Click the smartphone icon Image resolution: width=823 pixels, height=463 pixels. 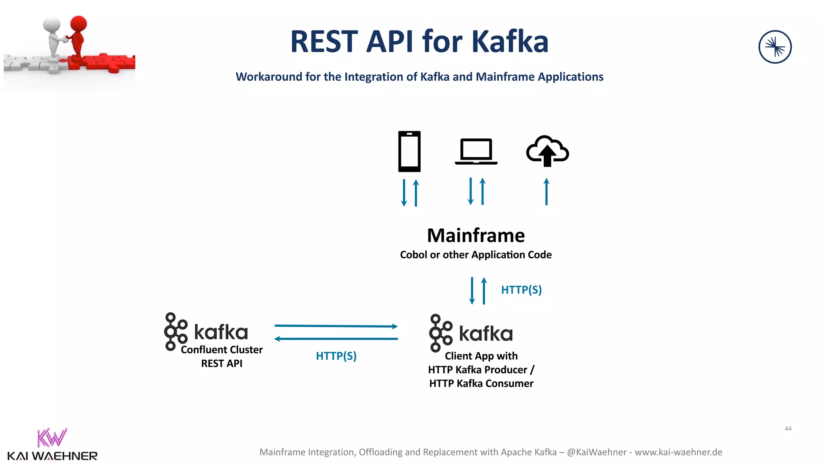coord(409,152)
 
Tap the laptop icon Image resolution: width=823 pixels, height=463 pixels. coord(476,152)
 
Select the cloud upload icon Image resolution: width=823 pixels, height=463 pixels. coord(547,151)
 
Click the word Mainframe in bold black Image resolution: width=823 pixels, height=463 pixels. coord(476,236)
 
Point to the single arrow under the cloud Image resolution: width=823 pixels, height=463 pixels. coord(546,192)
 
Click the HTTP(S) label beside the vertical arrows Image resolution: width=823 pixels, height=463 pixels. coord(521,290)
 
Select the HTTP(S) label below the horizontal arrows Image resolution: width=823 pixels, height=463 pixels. coord(336,356)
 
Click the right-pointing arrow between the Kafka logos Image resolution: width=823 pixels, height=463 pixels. coord(336,326)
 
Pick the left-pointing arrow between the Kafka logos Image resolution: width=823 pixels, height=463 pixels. coord(336,339)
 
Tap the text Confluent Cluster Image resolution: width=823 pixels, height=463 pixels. coord(221,350)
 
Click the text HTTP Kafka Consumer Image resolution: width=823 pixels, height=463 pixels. coord(481,383)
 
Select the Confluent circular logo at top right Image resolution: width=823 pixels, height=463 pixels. coord(775,47)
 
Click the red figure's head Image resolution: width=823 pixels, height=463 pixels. coord(78,23)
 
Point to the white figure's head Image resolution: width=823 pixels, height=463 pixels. coord(52,25)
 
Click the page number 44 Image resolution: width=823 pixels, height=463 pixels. coord(788,429)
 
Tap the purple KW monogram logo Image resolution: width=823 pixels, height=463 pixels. coord(52,438)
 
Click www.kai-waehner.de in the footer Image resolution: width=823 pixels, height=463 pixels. coord(678,452)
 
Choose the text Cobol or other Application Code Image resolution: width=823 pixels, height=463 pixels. coord(476,255)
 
